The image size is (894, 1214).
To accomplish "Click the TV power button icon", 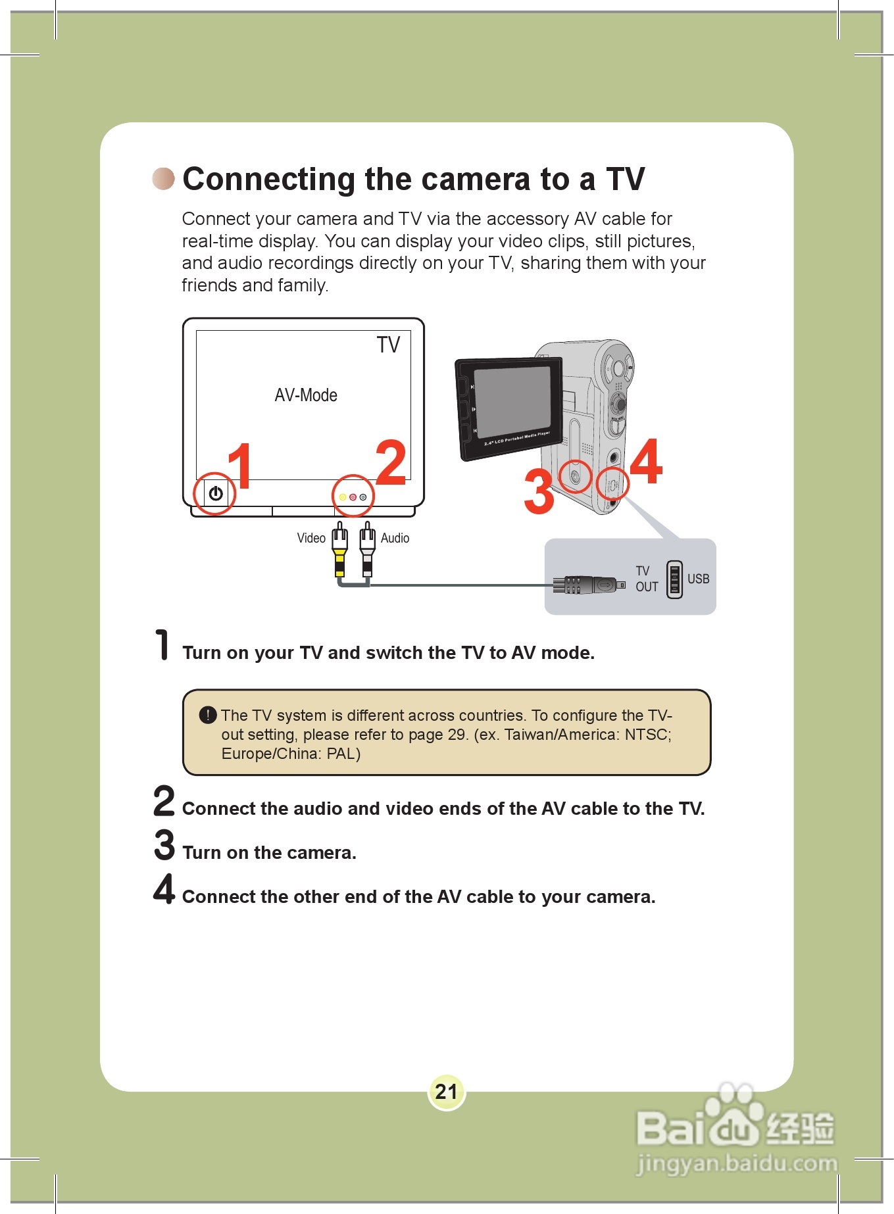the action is (216, 493).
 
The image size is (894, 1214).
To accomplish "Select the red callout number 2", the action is (391, 462).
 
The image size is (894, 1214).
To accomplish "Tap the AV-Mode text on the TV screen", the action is (306, 395).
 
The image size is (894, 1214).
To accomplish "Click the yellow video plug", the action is (339, 550).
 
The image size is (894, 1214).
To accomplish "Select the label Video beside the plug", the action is (311, 538).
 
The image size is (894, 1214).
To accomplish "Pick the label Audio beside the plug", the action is (395, 538).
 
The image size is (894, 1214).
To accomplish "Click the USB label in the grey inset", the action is (698, 579).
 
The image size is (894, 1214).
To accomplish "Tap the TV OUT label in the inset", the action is (647, 579).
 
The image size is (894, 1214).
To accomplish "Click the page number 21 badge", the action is (447, 1092).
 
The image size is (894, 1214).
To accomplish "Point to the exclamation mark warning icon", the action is (208, 715).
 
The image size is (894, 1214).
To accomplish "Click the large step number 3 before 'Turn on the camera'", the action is (164, 844).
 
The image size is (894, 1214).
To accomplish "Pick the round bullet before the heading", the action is (164, 178).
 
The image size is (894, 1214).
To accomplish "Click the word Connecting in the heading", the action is (270, 180).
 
